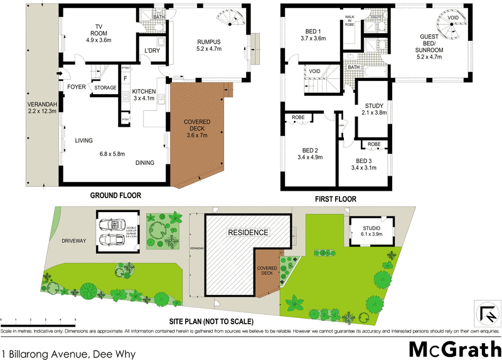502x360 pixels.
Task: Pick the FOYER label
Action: tap(77, 88)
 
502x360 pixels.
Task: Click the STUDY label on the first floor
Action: tap(373, 105)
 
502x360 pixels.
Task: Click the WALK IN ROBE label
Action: tap(350, 21)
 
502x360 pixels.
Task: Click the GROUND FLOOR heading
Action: tap(115, 196)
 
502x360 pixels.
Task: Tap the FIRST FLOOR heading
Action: tap(335, 199)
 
